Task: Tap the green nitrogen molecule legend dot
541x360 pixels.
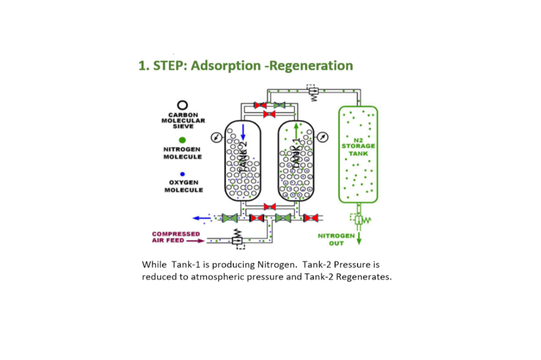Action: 183,140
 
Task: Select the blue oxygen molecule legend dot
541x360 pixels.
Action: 183,174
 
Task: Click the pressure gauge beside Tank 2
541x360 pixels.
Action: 217,137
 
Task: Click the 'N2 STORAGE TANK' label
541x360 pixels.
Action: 358,147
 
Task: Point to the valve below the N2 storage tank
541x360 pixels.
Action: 358,220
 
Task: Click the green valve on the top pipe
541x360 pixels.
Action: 280,105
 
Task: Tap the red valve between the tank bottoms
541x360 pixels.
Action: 270,207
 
